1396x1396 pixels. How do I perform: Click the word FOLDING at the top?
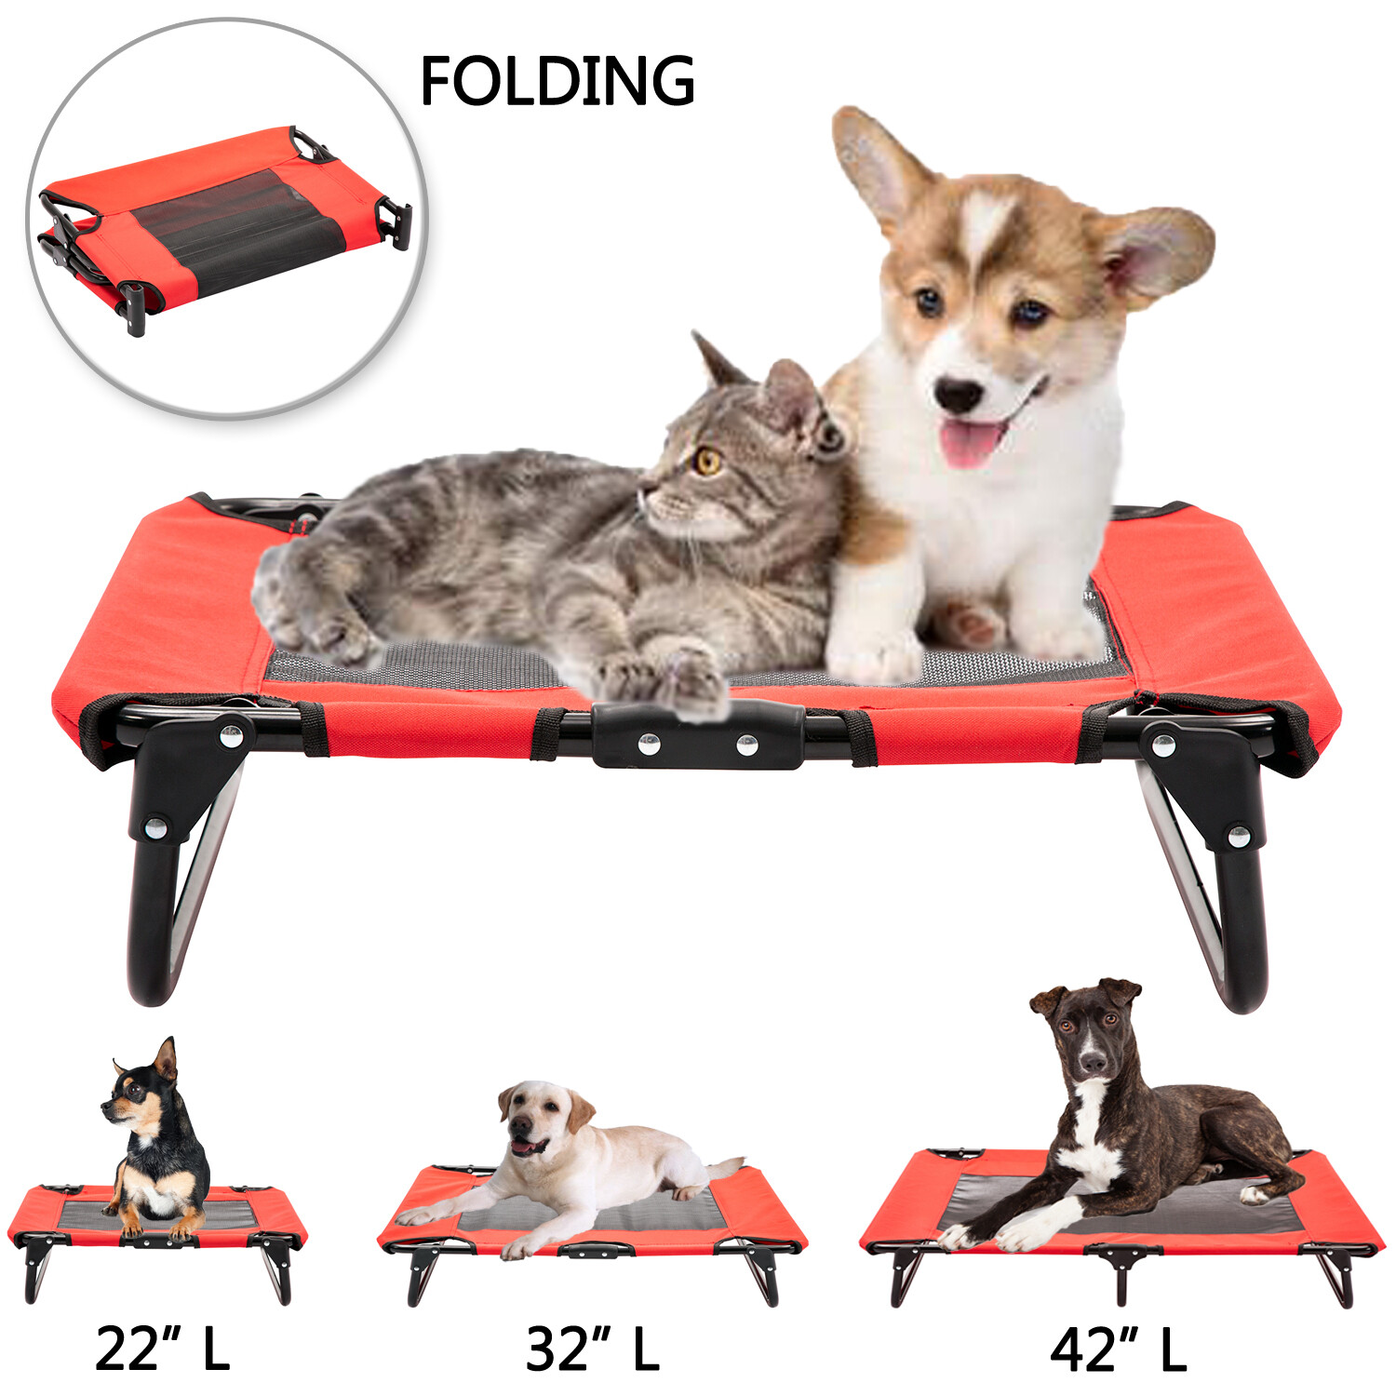click(557, 81)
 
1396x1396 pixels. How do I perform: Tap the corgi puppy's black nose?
click(959, 395)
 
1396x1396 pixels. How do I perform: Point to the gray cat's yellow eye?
click(709, 461)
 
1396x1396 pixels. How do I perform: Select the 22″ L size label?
click(162, 1349)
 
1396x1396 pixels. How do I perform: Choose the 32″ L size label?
click(593, 1349)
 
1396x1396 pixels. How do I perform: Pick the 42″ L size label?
click(1119, 1350)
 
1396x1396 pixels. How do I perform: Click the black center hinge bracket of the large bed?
click(698, 735)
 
